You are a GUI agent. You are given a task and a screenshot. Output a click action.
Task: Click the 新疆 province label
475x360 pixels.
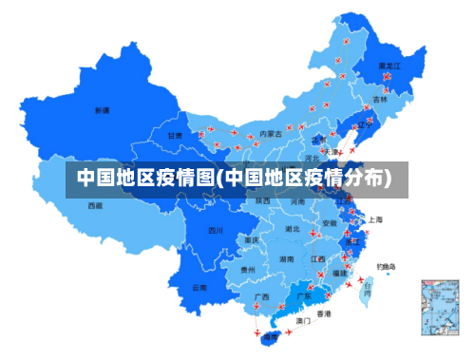point(102,110)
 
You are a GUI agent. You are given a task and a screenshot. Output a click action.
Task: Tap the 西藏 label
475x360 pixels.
point(95,204)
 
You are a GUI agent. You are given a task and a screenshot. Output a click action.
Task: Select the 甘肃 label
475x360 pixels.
point(175,136)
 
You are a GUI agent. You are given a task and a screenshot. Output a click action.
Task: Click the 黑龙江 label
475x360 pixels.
point(389,66)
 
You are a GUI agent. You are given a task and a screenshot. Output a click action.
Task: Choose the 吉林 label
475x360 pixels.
point(380,99)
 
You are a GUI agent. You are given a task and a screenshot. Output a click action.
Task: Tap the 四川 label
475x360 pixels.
point(216,230)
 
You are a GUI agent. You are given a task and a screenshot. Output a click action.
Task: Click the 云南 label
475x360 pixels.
point(199,287)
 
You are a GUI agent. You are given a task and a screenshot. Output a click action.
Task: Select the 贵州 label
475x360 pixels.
point(248,270)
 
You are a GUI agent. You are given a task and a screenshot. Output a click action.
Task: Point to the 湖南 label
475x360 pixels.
point(287,258)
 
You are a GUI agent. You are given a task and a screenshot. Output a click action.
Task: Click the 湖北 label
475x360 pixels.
point(293,229)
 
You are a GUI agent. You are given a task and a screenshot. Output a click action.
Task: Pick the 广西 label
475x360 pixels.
point(261,296)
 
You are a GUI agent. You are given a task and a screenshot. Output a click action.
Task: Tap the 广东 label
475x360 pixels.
point(304,296)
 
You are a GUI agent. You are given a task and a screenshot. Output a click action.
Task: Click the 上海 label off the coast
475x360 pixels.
point(376,219)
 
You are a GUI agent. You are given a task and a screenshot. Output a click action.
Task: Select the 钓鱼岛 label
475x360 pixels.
point(386,266)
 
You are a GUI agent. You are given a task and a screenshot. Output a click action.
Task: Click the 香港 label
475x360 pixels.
point(324,313)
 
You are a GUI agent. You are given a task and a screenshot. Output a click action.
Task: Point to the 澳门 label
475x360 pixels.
point(303,321)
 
